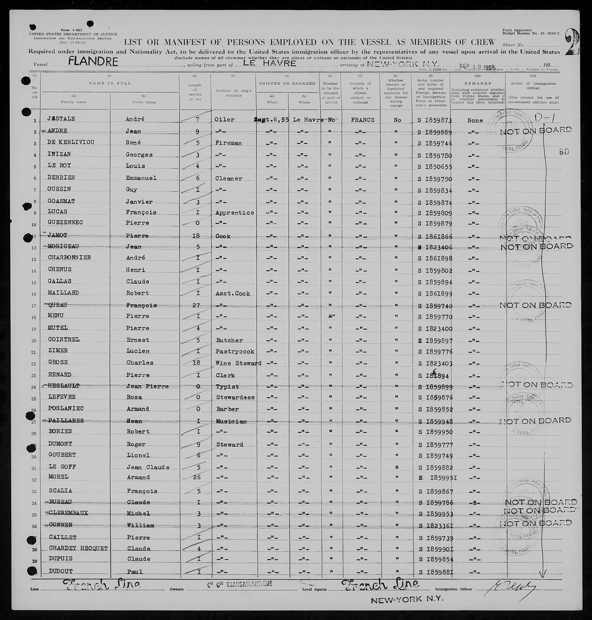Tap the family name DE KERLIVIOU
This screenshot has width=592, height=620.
coord(71,142)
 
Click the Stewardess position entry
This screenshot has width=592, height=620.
coord(235,397)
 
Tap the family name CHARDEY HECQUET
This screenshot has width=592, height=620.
coord(78,549)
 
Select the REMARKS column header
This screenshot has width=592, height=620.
coord(477,83)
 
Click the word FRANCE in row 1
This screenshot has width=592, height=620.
coord(362,120)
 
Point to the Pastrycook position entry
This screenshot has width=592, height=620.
coord(235,351)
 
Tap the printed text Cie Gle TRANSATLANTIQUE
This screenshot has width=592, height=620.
coord(240,584)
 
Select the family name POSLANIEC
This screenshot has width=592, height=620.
coord(66,408)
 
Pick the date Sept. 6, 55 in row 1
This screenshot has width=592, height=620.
coord(271,120)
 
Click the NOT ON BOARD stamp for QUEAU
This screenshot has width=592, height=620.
coord(535,305)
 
